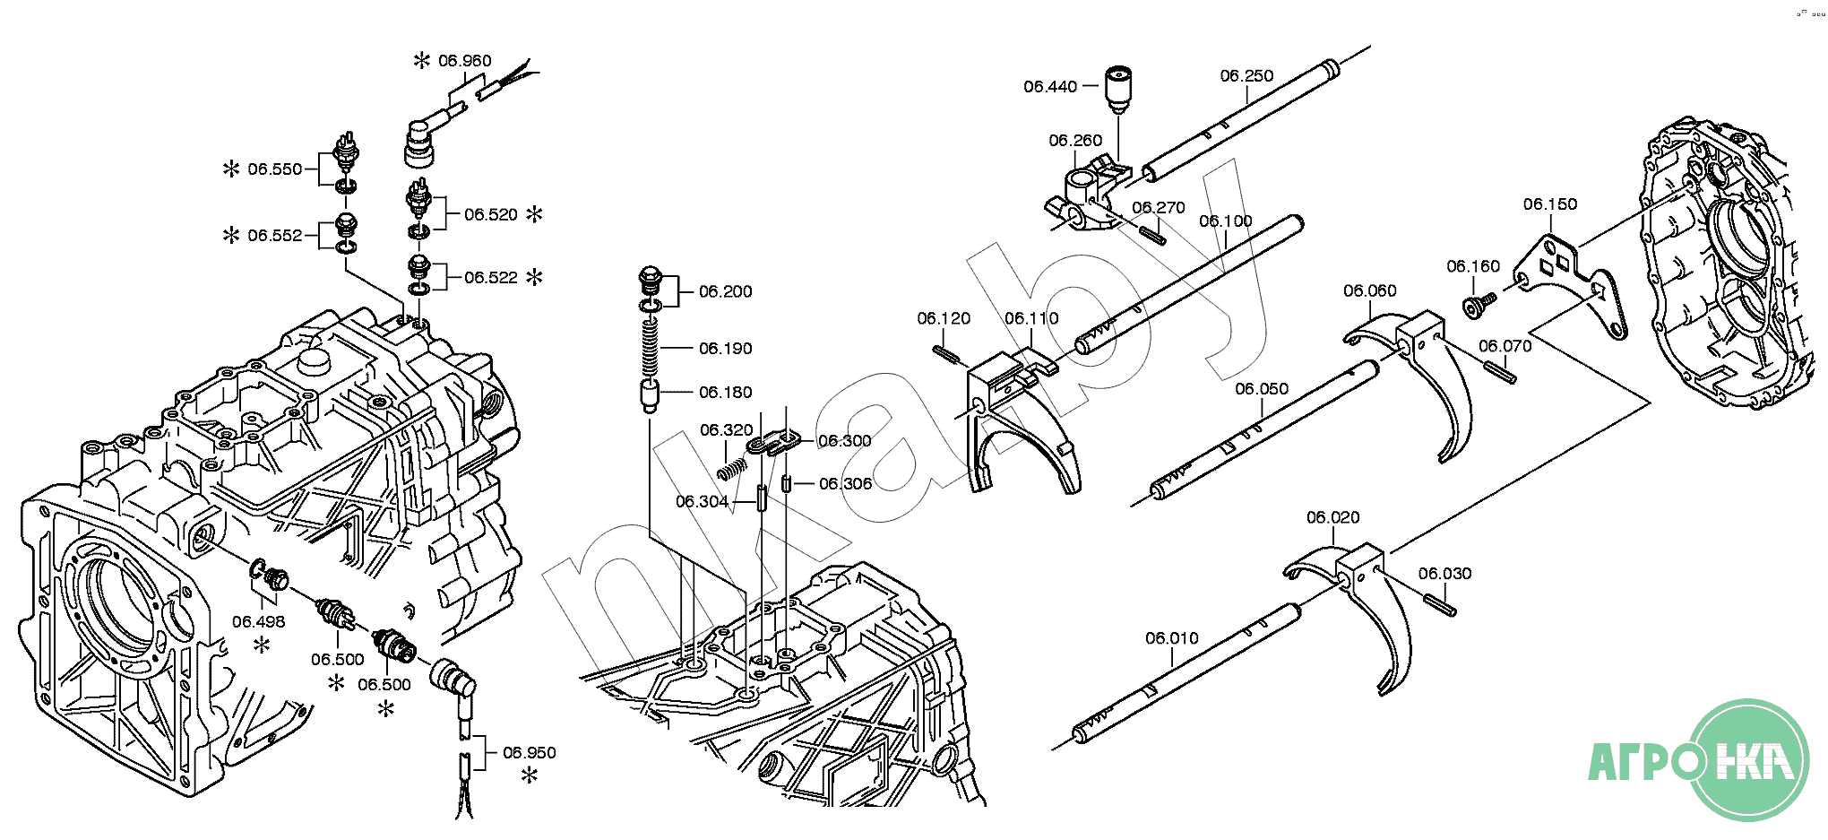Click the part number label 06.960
coord(464,61)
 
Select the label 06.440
coord(1050,87)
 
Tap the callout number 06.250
coord(1246,76)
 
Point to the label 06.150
coord(1549,204)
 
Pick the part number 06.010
coord(1171,638)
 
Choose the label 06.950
coord(529,753)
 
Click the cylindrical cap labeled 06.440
coord(1117,88)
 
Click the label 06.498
coord(258,622)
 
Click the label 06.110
coord(1031,318)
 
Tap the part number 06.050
coord(1262,389)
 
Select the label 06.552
coord(275,236)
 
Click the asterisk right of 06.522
coord(534,277)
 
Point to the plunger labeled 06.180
coord(651,394)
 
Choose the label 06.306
coord(845,484)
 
